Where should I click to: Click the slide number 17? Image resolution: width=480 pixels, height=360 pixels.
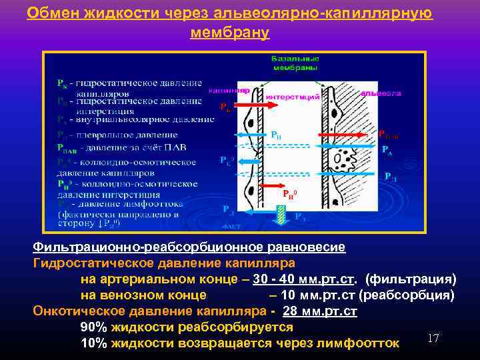pyautogui.click(x=433, y=339)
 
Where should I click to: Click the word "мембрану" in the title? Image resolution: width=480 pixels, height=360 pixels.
pyautogui.click(x=229, y=32)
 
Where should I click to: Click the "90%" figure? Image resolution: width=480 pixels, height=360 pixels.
pyautogui.click(x=93, y=327)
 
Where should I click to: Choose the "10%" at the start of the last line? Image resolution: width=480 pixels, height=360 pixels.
pyautogui.click(x=93, y=343)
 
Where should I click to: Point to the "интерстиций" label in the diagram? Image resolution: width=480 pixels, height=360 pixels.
pyautogui.click(x=293, y=97)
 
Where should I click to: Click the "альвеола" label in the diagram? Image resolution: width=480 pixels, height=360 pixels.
pyautogui.click(x=380, y=93)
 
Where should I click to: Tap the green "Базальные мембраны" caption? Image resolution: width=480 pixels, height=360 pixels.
pyautogui.click(x=294, y=63)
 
